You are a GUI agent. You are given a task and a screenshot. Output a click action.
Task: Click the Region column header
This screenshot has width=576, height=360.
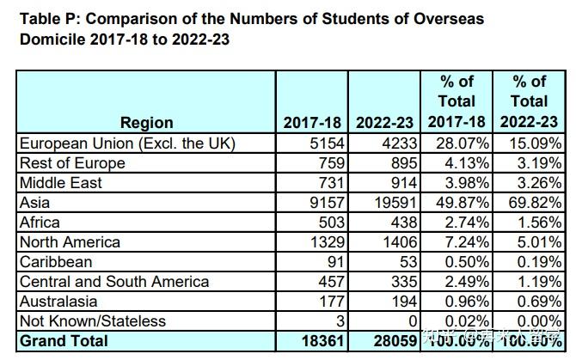coord(146,123)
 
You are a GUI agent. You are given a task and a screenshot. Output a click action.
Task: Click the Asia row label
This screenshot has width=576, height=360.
coord(34,203)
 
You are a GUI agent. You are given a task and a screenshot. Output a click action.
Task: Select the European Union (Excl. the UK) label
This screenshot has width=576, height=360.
coord(127,143)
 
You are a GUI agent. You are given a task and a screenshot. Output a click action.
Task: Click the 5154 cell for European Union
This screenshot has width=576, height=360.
coord(326,143)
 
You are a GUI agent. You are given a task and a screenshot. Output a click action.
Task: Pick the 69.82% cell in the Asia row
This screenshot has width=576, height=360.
coord(534,203)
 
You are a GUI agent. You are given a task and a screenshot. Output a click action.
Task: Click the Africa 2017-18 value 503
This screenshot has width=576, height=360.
coord(330,223)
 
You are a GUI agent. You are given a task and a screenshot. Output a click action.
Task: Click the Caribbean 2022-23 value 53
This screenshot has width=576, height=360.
coord(407,262)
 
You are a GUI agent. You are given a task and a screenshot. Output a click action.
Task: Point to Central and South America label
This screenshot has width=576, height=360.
coord(114,282)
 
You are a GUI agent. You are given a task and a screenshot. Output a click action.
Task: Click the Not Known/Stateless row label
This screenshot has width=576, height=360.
coord(92,321)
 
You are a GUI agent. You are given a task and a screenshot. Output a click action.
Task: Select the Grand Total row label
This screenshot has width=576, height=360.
coord(64,341)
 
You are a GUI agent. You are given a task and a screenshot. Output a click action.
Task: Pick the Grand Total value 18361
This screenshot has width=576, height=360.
coord(322,341)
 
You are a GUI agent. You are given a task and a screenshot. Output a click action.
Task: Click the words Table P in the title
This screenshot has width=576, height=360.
coord(47,19)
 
